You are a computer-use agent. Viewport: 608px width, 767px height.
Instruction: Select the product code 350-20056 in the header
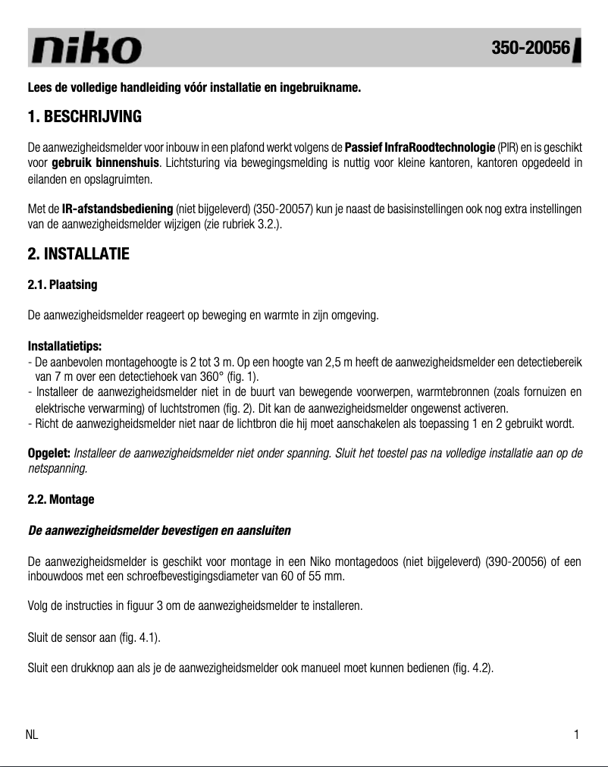click(x=530, y=48)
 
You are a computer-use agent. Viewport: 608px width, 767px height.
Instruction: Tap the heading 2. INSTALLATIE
click(x=78, y=254)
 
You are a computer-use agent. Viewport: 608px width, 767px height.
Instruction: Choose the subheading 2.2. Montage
click(x=61, y=499)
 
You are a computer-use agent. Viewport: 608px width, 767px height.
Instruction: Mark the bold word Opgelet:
click(x=49, y=453)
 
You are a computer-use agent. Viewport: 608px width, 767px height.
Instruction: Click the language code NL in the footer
click(x=33, y=734)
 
